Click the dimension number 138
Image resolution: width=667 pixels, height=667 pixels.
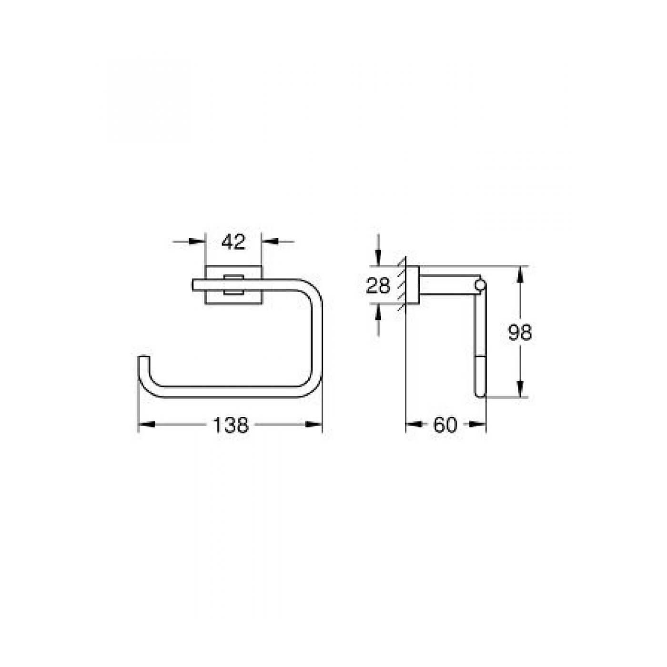point(231,424)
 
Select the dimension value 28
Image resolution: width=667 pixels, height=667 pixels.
point(378,286)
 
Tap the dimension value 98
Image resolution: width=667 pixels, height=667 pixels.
point(519,333)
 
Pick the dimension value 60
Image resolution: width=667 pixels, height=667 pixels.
point(445,424)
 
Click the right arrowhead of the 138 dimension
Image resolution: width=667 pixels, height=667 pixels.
point(315,424)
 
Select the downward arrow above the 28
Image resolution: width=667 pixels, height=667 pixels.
point(378,259)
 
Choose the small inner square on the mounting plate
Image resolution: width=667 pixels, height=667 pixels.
point(233,285)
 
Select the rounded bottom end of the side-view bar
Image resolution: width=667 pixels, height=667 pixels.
point(480,393)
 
